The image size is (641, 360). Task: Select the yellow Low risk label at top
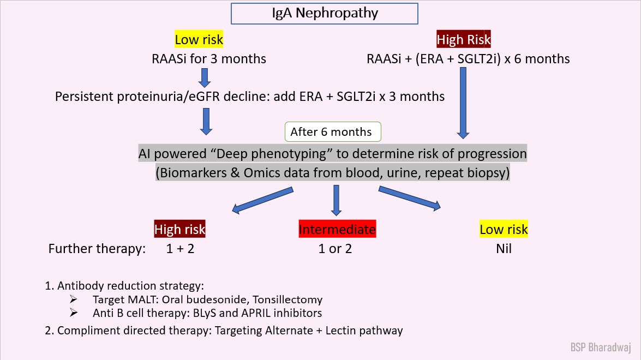(x=199, y=40)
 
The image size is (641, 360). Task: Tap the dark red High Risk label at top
(x=464, y=40)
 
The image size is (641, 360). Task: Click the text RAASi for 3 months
(x=209, y=58)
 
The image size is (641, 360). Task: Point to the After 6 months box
(x=331, y=132)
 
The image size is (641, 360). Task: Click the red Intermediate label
(x=337, y=230)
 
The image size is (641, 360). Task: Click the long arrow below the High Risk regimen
(x=463, y=104)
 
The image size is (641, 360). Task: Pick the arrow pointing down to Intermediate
(x=336, y=200)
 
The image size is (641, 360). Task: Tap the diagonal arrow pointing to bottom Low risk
(x=409, y=198)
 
